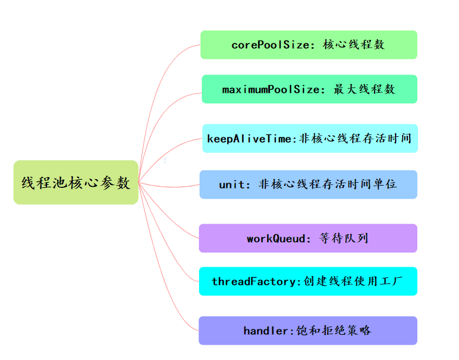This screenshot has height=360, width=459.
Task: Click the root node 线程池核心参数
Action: (x=76, y=183)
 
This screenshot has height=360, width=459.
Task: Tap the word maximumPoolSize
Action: (x=271, y=89)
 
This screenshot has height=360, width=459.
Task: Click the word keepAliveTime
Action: (x=249, y=139)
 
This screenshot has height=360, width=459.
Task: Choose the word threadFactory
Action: (x=256, y=281)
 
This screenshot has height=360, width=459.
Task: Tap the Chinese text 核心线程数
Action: (x=354, y=45)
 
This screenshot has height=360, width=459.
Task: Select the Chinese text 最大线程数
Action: (x=365, y=89)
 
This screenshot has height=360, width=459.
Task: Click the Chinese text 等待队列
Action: (x=344, y=238)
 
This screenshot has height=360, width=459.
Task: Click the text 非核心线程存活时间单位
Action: (x=328, y=184)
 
